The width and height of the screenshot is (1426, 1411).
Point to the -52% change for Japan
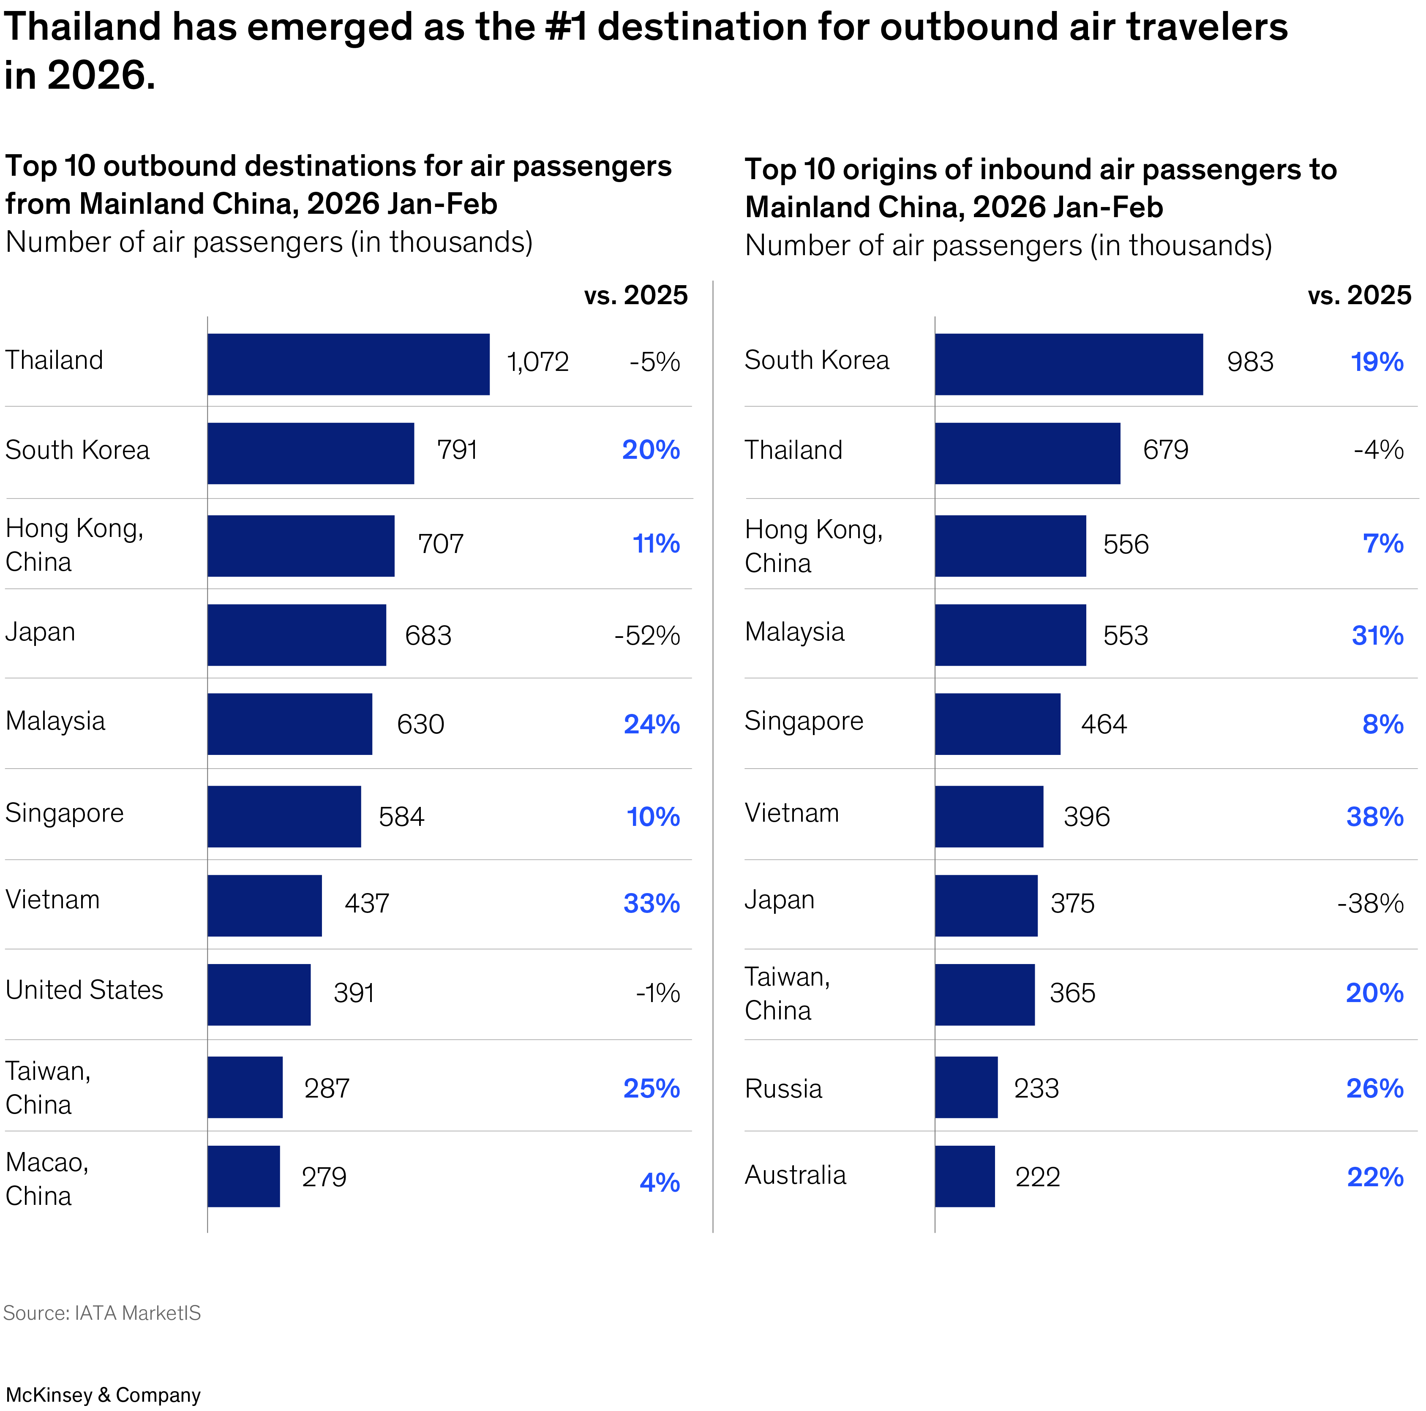pos(646,635)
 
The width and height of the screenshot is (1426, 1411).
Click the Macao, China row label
pos(47,1179)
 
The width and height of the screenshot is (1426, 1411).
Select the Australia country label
pos(795,1175)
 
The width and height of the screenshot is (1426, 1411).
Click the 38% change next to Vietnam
pos(1374,816)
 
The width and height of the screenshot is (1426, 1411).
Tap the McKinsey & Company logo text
pos(104,1395)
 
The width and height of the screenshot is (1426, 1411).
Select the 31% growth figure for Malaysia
pos(1377,635)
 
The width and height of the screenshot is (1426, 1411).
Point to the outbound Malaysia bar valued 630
pos(289,724)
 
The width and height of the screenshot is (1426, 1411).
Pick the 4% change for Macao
pos(659,1182)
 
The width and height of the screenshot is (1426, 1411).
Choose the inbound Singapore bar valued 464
pos(997,724)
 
